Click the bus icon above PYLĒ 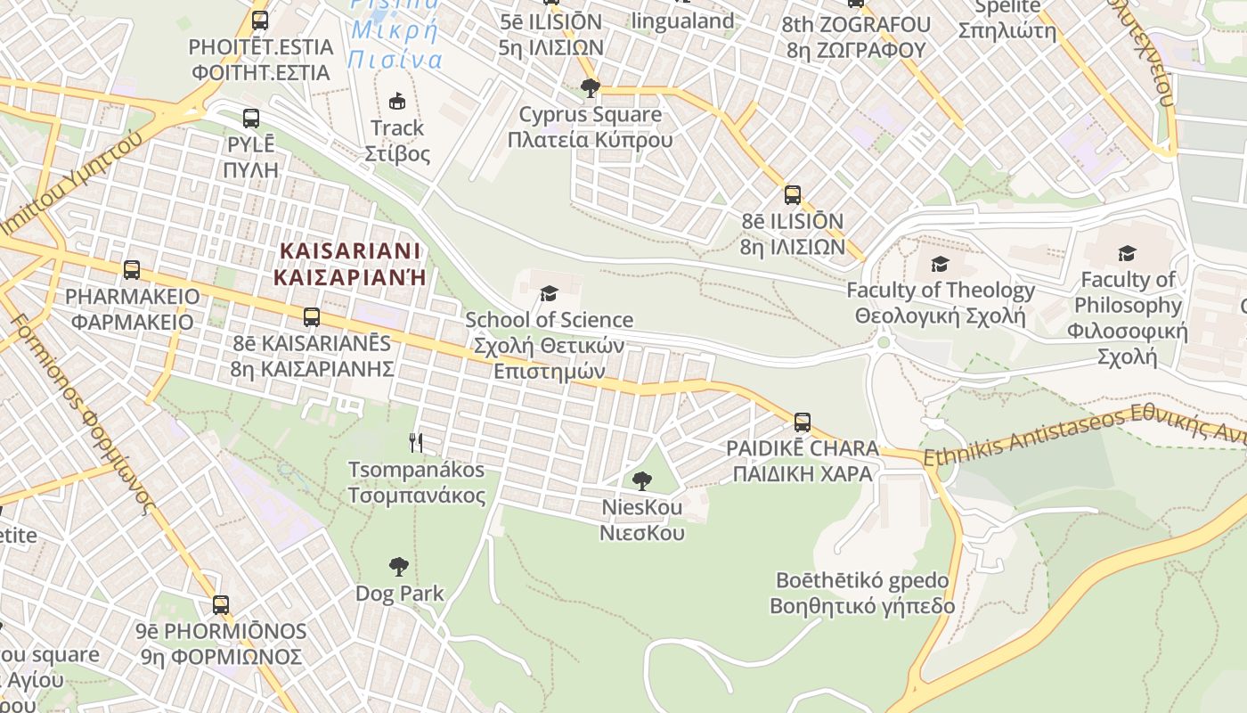pos(251,118)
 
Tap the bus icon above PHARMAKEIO pos(132,269)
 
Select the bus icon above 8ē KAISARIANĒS pos(311,316)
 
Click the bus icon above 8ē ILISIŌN pos(792,195)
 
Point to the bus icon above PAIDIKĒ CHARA pos(803,422)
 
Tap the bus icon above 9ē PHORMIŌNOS pos(220,605)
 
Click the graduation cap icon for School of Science pos(549,293)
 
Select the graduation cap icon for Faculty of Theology pos(940,264)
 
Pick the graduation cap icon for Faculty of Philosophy pos(1127,254)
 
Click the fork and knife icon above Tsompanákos pos(416,442)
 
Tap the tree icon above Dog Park pos(399,566)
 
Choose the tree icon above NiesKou pos(641,481)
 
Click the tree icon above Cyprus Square pos(590,87)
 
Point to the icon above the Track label pos(397,101)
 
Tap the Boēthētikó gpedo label pos(862,594)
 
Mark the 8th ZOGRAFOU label pos(856,37)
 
